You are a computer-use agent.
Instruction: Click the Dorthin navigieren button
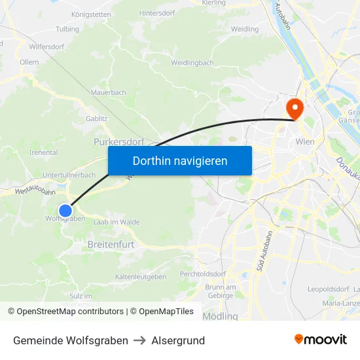[179, 160]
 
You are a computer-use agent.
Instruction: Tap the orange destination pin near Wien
[295, 107]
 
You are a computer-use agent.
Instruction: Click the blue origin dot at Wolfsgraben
[65, 210]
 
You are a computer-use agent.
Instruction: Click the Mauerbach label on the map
[109, 93]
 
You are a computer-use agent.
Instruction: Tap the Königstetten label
[91, 14]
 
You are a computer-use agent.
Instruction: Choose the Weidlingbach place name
[192, 63]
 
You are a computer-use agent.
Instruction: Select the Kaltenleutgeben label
[141, 277]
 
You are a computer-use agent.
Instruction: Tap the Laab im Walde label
[117, 223]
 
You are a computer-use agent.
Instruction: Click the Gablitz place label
[97, 119]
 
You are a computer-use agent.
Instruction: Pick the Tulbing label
[67, 29]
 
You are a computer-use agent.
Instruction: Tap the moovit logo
[321, 339]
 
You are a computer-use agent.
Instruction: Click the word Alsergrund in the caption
[178, 340]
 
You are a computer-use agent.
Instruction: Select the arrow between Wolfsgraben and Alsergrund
[140, 340]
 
